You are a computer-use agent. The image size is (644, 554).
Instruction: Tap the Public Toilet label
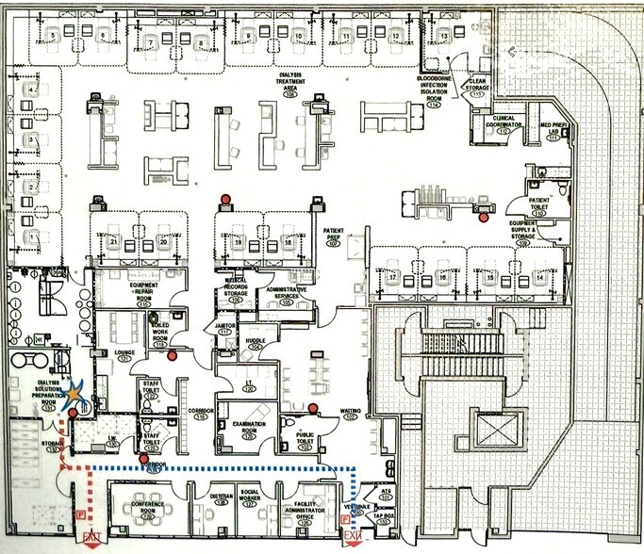(305, 438)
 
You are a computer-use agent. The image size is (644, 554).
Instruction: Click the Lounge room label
(124, 355)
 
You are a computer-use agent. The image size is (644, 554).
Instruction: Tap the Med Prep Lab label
(550, 131)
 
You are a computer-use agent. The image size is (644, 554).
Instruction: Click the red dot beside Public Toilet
(311, 408)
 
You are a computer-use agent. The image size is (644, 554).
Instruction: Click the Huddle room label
(252, 344)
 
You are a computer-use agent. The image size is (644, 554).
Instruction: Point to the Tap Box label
(383, 517)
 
